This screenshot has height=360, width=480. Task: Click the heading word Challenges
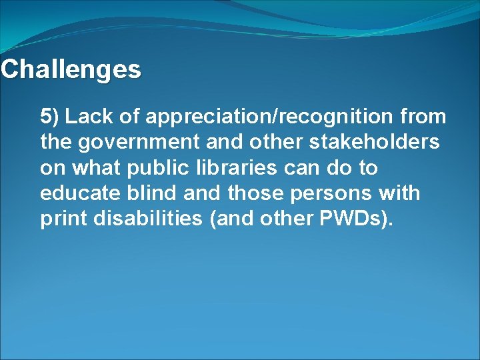point(71,69)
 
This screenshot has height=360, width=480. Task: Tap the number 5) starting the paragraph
point(50,117)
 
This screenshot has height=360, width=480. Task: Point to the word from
point(424,117)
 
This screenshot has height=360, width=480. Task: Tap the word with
point(399,193)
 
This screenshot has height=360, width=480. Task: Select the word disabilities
point(146,219)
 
